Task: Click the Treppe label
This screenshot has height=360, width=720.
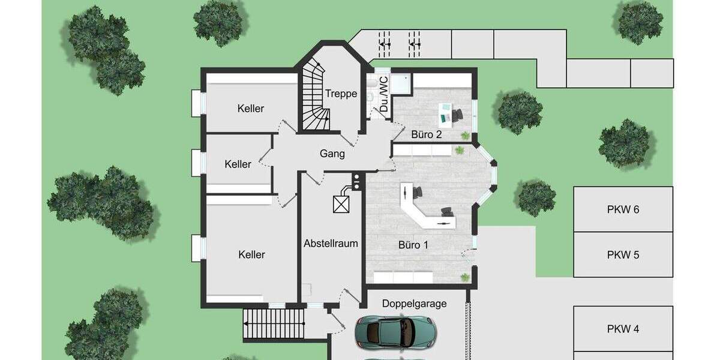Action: [341, 94]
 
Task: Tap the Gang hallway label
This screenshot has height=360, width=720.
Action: [332, 154]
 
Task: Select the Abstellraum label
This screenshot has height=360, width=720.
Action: [331, 243]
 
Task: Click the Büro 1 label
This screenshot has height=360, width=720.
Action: [414, 245]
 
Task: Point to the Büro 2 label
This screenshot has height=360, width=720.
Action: [427, 134]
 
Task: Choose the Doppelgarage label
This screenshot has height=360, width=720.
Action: [415, 304]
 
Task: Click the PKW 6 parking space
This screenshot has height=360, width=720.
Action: [623, 209]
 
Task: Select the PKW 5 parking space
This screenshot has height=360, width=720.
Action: [623, 254]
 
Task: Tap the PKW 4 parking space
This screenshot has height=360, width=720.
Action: [623, 328]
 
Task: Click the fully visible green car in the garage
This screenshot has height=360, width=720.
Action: [395, 332]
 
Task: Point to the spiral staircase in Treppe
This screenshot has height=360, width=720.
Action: [314, 99]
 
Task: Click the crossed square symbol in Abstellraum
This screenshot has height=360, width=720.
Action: [341, 204]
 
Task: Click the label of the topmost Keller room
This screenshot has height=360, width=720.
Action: [251, 109]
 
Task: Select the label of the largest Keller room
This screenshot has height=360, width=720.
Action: [251, 254]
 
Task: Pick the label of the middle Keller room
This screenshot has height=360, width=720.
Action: [238, 164]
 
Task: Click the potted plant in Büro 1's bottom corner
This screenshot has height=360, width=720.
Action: [465, 277]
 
